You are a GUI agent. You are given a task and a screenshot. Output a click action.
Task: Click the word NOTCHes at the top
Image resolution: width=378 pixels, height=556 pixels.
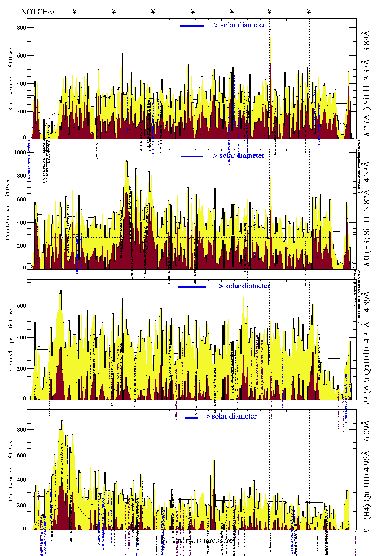[x=38, y=12]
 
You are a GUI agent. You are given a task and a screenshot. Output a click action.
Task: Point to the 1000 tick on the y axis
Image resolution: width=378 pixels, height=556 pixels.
[x=20, y=152]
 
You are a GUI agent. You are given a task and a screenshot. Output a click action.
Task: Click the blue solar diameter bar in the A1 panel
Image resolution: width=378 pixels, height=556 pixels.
[x=191, y=26]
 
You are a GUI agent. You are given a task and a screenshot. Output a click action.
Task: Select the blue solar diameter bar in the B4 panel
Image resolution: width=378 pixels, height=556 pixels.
[x=191, y=417]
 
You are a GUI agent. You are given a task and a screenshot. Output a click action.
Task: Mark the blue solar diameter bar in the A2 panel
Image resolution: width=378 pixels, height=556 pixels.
[x=192, y=287]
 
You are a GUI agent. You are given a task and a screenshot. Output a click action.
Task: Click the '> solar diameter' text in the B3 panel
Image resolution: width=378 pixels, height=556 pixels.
[x=238, y=156]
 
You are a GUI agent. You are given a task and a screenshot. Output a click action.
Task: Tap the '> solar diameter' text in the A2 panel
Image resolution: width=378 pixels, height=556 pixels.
[x=244, y=286]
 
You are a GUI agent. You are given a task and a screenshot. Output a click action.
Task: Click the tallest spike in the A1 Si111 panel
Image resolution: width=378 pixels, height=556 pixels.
[x=270, y=30]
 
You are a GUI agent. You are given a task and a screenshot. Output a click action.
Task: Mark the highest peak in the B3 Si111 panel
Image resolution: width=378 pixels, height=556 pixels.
[x=126, y=160]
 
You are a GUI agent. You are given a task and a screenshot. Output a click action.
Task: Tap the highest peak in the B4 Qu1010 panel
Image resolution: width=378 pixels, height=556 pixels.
[x=62, y=421]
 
